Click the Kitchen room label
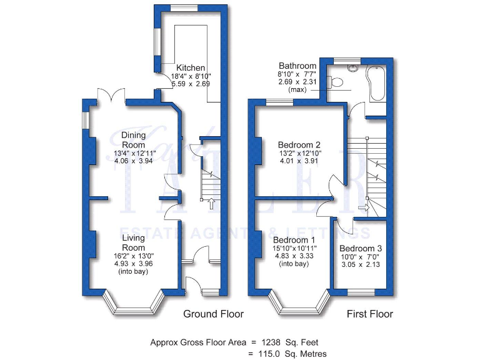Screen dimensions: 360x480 click(x=191, y=67)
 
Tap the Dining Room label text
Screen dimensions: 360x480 click(x=133, y=140)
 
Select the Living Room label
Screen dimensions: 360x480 click(x=133, y=242)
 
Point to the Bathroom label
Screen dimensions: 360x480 click(x=297, y=66)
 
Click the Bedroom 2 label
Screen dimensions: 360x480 click(x=299, y=145)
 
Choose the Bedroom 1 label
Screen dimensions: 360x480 click(x=294, y=240)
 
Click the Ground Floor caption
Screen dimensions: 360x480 click(x=213, y=314)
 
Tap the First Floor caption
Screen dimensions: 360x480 click(x=370, y=314)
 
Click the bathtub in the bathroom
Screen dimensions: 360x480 click(x=377, y=84)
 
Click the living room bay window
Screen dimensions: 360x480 click(x=133, y=307)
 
